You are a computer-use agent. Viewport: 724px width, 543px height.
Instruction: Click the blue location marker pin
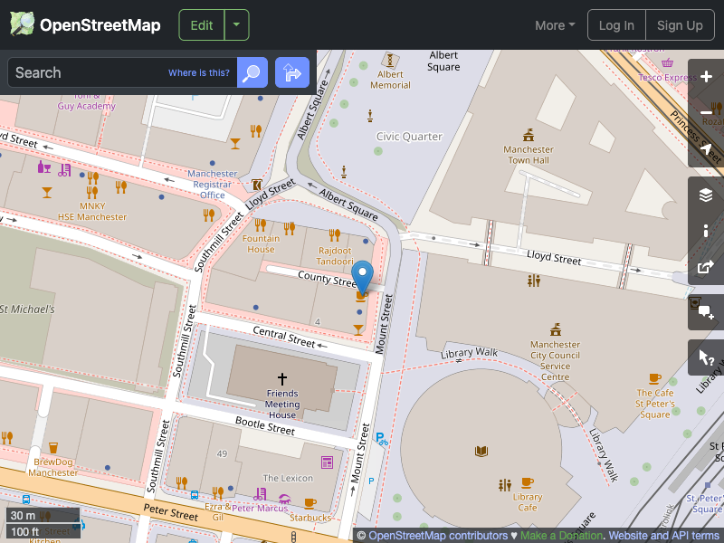(362, 274)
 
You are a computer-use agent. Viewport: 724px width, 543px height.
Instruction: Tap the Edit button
(202, 25)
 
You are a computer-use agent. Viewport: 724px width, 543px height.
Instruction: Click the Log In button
(616, 25)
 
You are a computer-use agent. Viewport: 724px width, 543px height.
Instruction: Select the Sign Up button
(680, 25)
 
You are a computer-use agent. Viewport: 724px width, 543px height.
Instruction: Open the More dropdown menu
(555, 25)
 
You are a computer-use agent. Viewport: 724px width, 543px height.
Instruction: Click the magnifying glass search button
(252, 72)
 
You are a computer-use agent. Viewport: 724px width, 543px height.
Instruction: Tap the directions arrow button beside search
(291, 72)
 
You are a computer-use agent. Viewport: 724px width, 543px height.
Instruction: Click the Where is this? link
(199, 73)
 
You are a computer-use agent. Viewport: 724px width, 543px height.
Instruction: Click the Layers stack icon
(706, 195)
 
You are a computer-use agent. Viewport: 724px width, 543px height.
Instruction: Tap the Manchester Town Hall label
(529, 155)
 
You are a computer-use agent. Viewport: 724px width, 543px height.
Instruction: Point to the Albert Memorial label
(390, 80)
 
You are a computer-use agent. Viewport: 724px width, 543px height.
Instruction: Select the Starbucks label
(310, 518)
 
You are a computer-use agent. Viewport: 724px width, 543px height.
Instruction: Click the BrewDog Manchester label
(52, 467)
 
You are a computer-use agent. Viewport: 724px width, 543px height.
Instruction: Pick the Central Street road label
(283, 337)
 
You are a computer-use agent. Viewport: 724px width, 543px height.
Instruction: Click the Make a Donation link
(561, 536)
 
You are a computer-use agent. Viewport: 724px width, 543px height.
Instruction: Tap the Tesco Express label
(667, 78)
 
